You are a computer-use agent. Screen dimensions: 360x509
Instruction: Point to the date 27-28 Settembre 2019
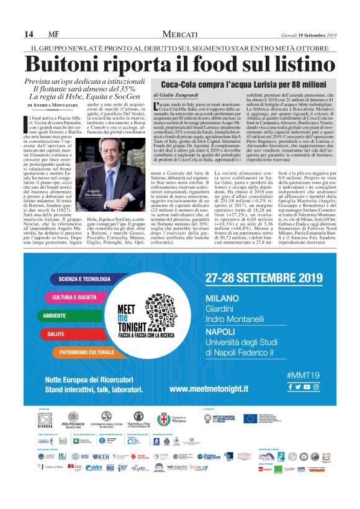coord(264,277)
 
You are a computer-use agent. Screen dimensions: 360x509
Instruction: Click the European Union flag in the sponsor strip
coord(250,417)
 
